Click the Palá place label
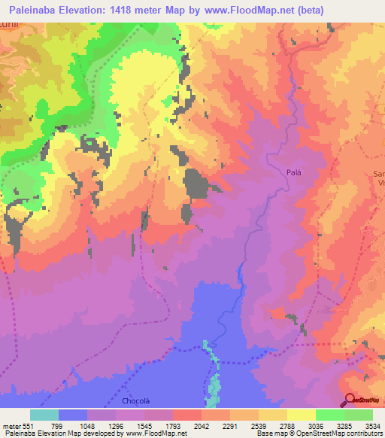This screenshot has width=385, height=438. click(x=293, y=172)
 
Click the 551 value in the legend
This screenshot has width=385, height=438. click(x=29, y=425)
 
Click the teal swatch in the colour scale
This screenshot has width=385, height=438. click(x=44, y=415)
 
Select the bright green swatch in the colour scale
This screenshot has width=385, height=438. click(x=330, y=415)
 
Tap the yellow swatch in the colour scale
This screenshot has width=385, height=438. click(x=302, y=415)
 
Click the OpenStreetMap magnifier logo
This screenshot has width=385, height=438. click(x=350, y=400)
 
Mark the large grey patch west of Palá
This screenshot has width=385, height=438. click(x=196, y=184)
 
